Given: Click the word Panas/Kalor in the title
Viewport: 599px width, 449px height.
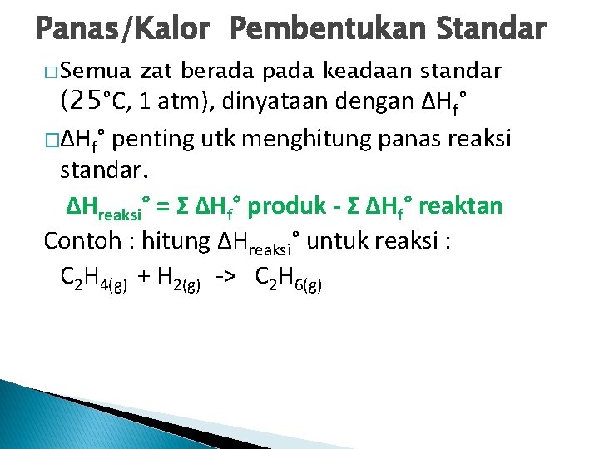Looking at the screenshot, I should point(123,30).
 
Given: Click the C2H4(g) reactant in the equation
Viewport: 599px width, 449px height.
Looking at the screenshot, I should point(94,278).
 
